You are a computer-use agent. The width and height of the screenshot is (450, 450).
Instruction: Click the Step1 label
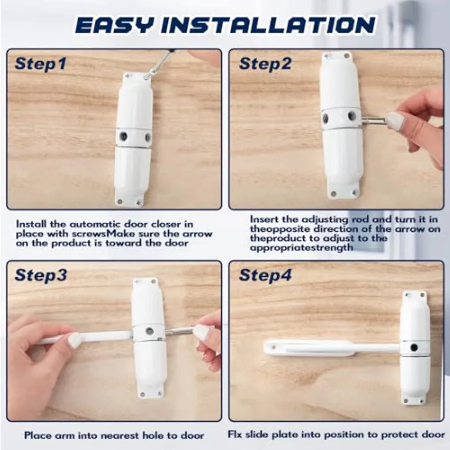pos(41,64)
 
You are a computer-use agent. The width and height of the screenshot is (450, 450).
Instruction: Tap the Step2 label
pos(265,64)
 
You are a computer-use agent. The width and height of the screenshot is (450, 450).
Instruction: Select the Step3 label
pos(41,275)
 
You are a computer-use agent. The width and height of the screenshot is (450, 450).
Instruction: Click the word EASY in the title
pos(115,25)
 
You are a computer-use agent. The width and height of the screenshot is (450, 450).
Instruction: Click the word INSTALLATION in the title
pos(268,25)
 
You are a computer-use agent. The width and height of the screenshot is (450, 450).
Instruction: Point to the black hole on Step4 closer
pos(414,348)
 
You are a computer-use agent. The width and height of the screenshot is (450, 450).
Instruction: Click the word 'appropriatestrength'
pos(301,248)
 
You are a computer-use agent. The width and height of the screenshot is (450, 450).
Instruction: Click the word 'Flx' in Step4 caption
pos(235,435)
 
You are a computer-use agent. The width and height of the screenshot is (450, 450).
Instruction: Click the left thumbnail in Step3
pos(75,340)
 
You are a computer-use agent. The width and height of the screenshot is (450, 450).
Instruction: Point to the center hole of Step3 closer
pos(149,331)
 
